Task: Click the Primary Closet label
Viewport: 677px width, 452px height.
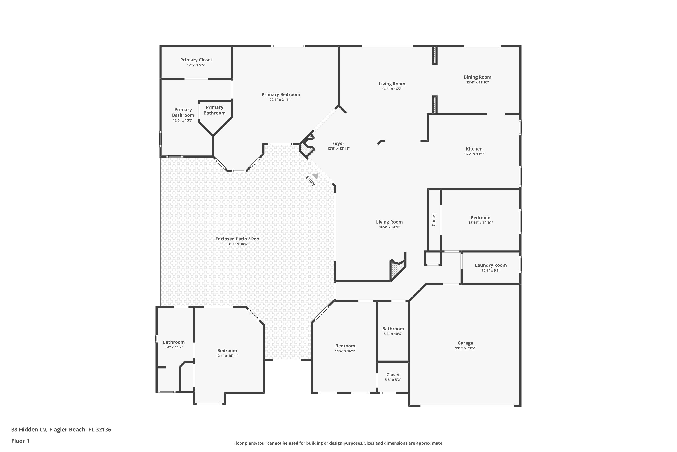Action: (x=196, y=60)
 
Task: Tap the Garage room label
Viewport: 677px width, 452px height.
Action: (x=465, y=343)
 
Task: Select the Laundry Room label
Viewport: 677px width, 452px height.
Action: (x=491, y=265)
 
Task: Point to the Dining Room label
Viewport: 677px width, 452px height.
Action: (x=477, y=77)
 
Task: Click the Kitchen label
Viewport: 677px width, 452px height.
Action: (x=474, y=149)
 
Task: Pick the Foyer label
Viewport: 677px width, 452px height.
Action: (x=338, y=143)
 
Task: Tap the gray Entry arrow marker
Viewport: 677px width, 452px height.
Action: (x=315, y=176)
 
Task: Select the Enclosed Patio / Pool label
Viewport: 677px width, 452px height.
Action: (x=238, y=239)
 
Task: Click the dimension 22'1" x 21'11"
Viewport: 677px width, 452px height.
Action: (x=281, y=100)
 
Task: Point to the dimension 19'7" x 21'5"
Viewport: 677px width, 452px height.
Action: (x=465, y=348)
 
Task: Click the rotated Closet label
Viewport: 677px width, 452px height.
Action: (x=434, y=219)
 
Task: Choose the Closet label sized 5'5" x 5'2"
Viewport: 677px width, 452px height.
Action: (x=393, y=375)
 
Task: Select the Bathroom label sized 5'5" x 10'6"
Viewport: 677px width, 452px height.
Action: (x=393, y=329)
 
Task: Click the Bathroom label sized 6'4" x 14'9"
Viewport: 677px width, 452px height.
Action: (x=174, y=342)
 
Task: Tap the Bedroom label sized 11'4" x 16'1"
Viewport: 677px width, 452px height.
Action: (x=345, y=346)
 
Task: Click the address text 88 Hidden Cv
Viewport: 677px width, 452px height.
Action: (x=29, y=430)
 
